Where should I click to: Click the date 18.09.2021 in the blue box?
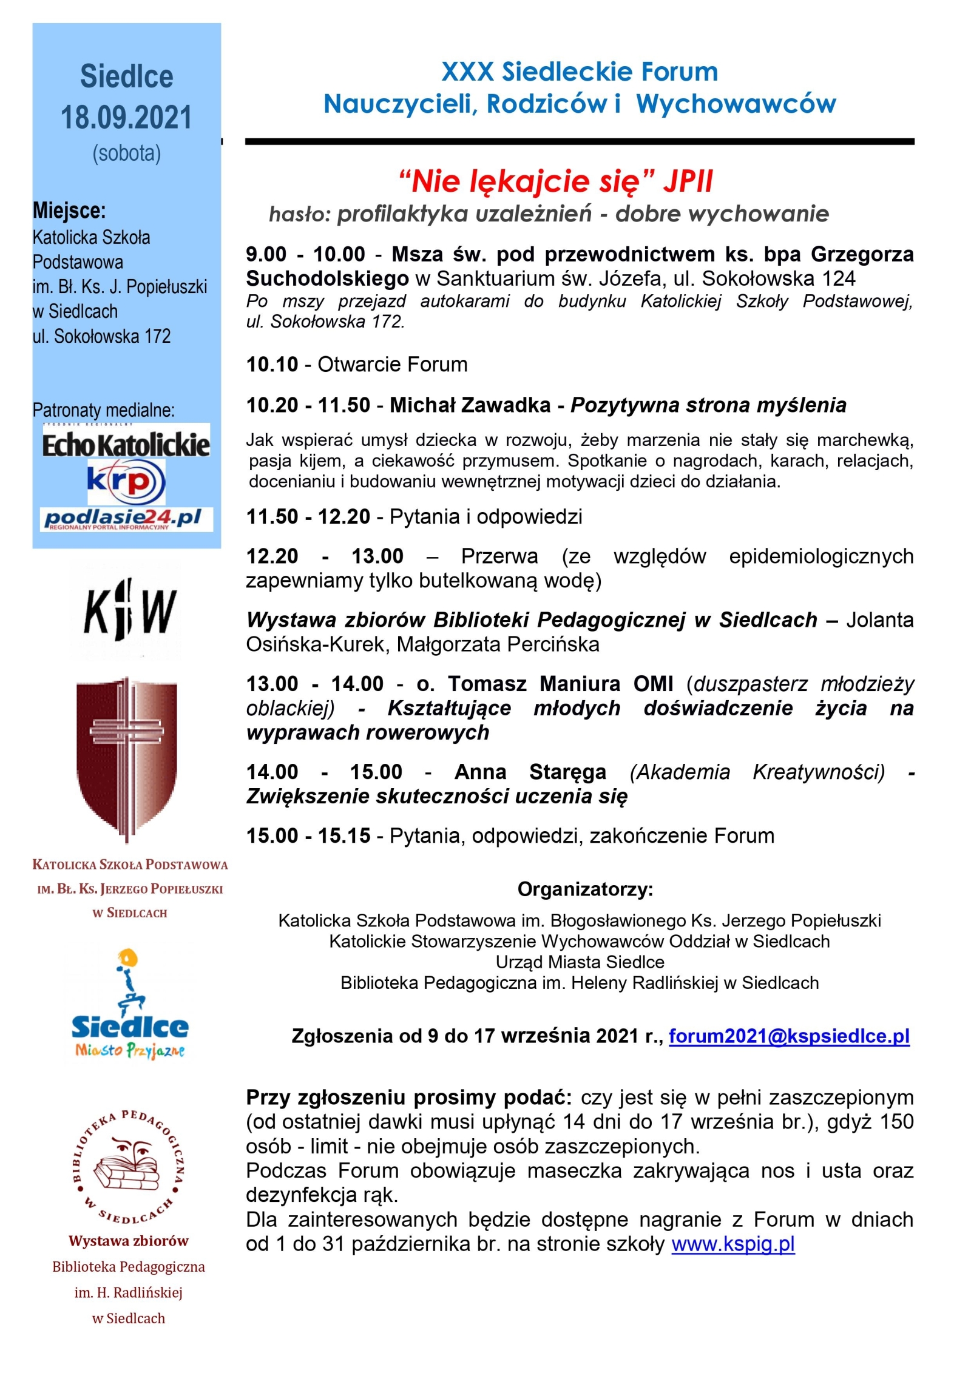pyautogui.click(x=126, y=117)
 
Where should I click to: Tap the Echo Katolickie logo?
pyautogui.click(x=126, y=445)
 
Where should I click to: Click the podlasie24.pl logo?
pyautogui.click(x=126, y=519)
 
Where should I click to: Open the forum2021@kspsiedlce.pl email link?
pyautogui.click(x=788, y=1036)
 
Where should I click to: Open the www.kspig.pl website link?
pyautogui.click(x=732, y=1244)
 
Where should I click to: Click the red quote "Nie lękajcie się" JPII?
pyautogui.click(x=555, y=181)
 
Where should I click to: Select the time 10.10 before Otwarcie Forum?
pyautogui.click(x=272, y=365)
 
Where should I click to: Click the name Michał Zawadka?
pyautogui.click(x=470, y=405)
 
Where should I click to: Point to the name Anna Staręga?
pyautogui.click(x=530, y=772)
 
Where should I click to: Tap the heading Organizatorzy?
pyautogui.click(x=585, y=889)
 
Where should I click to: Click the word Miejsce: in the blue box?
pyautogui.click(x=69, y=211)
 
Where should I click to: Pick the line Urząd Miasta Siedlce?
pyautogui.click(x=580, y=962)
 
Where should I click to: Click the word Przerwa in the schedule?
pyautogui.click(x=499, y=556)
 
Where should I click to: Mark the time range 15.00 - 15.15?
pyautogui.click(x=308, y=835)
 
